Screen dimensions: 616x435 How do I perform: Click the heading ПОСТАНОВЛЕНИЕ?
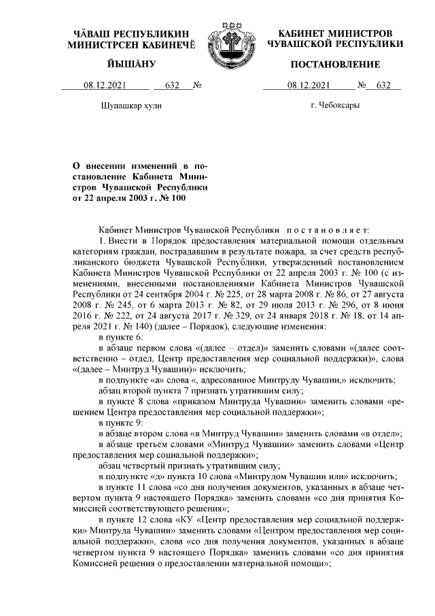coord(334,64)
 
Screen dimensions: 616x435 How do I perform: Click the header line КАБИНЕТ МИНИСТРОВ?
coord(335,33)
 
